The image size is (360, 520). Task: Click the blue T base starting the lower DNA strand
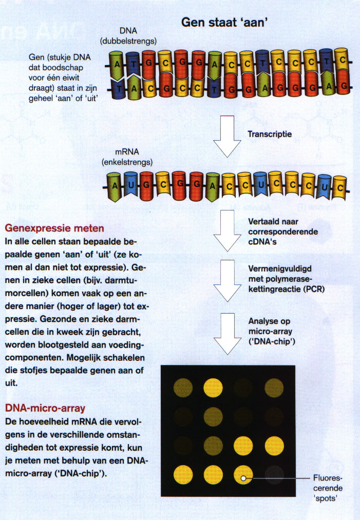coord(120,89)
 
